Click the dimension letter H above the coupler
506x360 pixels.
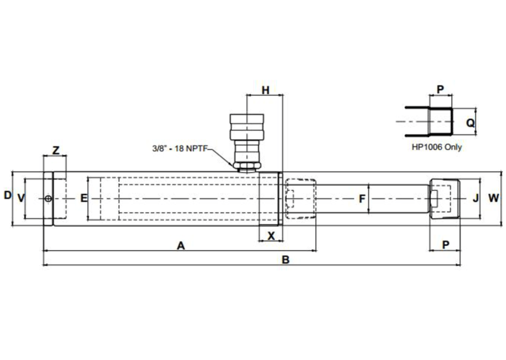pyautogui.click(x=266, y=91)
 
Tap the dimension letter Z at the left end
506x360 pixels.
pyautogui.click(x=56, y=150)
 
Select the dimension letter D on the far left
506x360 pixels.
pyautogui.click(x=8, y=195)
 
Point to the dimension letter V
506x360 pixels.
pyautogui.click(x=22, y=198)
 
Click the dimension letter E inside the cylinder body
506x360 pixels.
pyautogui.click(x=84, y=198)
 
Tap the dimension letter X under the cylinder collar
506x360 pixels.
pyautogui.click(x=271, y=235)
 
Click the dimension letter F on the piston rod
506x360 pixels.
pyautogui.click(x=362, y=199)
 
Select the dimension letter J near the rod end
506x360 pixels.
pyautogui.click(x=476, y=198)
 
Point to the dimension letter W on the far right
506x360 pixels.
pyautogui.click(x=494, y=198)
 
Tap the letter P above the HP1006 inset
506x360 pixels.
pyautogui.click(x=440, y=90)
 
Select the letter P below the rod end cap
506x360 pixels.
pyautogui.click(x=445, y=245)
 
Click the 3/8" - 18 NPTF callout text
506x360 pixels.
pyautogui.click(x=179, y=149)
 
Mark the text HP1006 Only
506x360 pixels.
pyautogui.click(x=436, y=147)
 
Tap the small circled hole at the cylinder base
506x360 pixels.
pyautogui.click(x=48, y=199)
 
